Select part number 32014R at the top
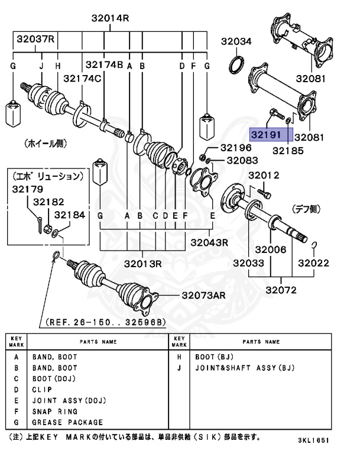click(110, 18)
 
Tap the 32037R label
click(35, 40)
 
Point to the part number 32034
click(236, 41)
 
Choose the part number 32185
click(288, 151)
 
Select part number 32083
click(242, 160)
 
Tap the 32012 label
click(264, 175)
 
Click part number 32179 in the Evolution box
click(27, 189)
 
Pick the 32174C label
click(83, 78)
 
